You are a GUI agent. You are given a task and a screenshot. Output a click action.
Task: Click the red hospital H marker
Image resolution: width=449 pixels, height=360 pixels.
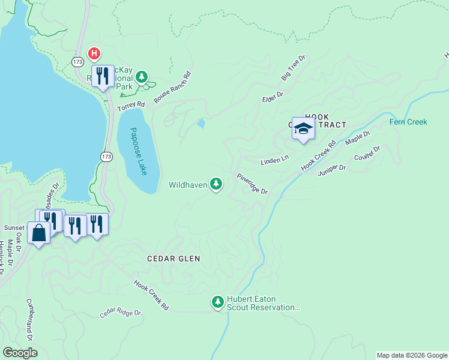(94, 53)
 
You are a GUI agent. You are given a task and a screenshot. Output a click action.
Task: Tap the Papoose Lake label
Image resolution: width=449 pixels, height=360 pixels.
(139, 151)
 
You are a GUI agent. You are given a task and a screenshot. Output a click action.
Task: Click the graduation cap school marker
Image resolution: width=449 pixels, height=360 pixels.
(303, 128)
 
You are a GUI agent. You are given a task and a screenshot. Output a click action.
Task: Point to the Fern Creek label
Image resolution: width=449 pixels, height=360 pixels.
(408, 122)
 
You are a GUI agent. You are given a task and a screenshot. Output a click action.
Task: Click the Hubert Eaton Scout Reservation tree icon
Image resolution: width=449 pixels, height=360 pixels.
(218, 300)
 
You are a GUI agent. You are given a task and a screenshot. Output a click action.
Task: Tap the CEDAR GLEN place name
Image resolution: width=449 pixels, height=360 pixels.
(173, 259)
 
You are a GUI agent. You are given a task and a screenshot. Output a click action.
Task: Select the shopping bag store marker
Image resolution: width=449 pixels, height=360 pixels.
(38, 233)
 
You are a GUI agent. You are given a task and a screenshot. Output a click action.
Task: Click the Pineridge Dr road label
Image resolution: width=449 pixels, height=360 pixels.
(252, 184)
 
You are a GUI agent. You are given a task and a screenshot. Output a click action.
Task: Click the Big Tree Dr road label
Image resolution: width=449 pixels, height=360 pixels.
(294, 68)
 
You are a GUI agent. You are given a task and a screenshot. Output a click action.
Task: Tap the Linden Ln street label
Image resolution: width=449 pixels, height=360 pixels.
(274, 161)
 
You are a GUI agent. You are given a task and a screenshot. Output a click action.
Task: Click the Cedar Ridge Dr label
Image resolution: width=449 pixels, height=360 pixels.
(120, 313)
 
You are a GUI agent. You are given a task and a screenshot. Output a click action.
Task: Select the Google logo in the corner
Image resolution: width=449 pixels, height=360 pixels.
(20, 353)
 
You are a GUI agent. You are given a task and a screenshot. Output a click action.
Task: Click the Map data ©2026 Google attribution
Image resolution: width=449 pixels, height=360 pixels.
(412, 355)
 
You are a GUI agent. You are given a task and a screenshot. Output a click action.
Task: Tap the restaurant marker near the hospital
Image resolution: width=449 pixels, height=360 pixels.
(104, 75)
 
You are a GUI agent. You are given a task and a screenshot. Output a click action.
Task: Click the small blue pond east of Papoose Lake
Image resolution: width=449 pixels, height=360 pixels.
(200, 124)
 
